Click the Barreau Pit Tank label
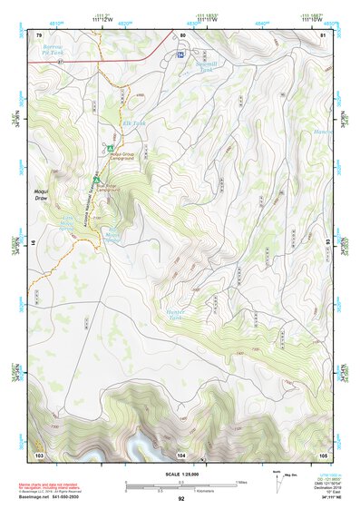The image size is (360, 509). [x=56, y=51]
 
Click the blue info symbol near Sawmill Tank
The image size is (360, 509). [x=181, y=55]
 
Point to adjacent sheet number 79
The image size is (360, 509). [x=39, y=34]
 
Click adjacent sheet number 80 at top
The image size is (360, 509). [x=182, y=34]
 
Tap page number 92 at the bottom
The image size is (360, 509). [x=181, y=498]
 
